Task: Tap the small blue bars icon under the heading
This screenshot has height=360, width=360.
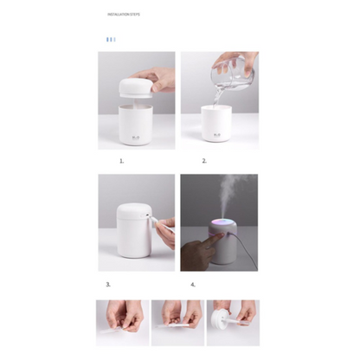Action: pyautogui.click(x=110, y=39)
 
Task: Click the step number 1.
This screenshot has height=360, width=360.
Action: pyautogui.click(x=122, y=161)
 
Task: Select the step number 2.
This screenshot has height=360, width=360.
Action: pyautogui.click(x=204, y=161)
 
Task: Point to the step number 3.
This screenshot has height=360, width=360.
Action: pyautogui.click(x=108, y=284)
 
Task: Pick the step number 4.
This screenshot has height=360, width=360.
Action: pyautogui.click(x=193, y=284)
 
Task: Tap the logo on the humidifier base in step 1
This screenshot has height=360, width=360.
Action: pyautogui.click(x=136, y=133)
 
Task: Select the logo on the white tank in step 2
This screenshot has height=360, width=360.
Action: pyautogui.click(x=218, y=133)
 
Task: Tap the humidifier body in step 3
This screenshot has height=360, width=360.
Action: pyautogui.click(x=130, y=229)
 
